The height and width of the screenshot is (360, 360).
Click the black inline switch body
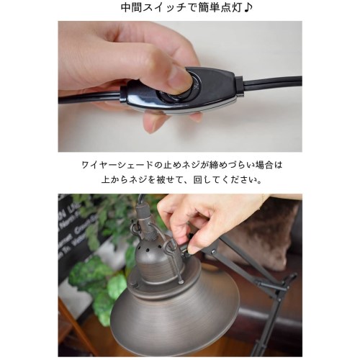click(x=179, y=91)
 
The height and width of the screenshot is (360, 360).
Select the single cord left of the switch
click(x=89, y=97)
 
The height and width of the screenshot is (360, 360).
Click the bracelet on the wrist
click(x=264, y=199)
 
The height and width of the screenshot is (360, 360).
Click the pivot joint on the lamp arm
click(x=213, y=252)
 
